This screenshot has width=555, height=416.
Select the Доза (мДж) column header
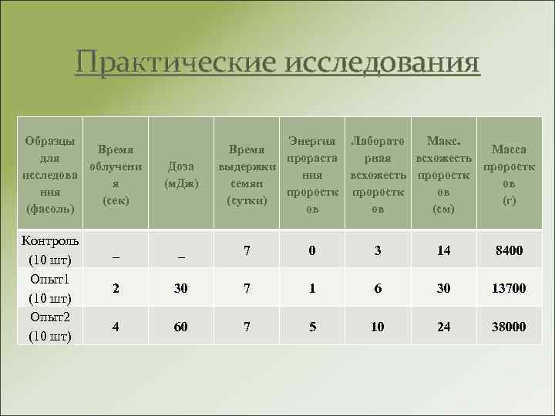click(181, 175)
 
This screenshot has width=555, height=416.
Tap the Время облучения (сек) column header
click(115, 175)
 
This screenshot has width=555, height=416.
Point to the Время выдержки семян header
click(247, 175)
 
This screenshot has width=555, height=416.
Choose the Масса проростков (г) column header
click(509, 175)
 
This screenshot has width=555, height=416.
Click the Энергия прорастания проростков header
click(312, 175)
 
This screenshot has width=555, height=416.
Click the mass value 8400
click(509, 250)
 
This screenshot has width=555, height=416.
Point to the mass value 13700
click(509, 289)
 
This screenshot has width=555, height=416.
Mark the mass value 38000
click(509, 327)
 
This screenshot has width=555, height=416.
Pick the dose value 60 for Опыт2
click(181, 327)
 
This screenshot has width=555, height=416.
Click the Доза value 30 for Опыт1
click(181, 289)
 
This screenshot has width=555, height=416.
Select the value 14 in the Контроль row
click(443, 250)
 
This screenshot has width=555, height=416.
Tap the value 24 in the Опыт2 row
click(443, 327)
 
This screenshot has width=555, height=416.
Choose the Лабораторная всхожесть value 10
click(378, 327)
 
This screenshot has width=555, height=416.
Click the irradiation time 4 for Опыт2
click(116, 327)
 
